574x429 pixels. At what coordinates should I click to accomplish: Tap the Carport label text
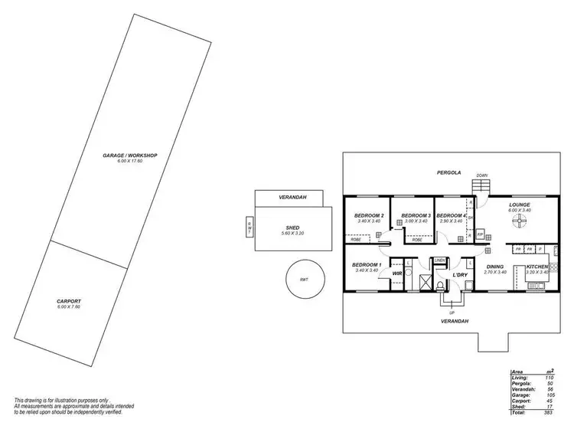[x=69, y=301]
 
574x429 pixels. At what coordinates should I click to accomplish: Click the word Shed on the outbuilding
[x=293, y=227]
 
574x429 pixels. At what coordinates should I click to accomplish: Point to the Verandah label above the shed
[x=293, y=198]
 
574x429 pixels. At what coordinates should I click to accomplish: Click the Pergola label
[x=448, y=172]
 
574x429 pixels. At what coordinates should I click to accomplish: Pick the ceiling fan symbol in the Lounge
[x=520, y=223]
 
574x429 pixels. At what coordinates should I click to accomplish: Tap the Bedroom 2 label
[x=369, y=215]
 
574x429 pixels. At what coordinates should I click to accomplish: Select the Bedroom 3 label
[x=416, y=215]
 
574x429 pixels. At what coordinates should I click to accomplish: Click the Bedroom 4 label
[x=452, y=215]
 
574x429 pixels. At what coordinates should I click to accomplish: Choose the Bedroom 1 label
[x=367, y=265]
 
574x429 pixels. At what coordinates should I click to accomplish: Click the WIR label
[x=397, y=273]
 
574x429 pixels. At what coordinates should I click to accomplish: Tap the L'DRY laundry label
[x=460, y=274]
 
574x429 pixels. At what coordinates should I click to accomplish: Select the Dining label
[x=496, y=267]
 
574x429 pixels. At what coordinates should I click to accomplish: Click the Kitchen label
[x=537, y=267]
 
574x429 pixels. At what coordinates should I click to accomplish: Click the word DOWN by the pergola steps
[x=481, y=175]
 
